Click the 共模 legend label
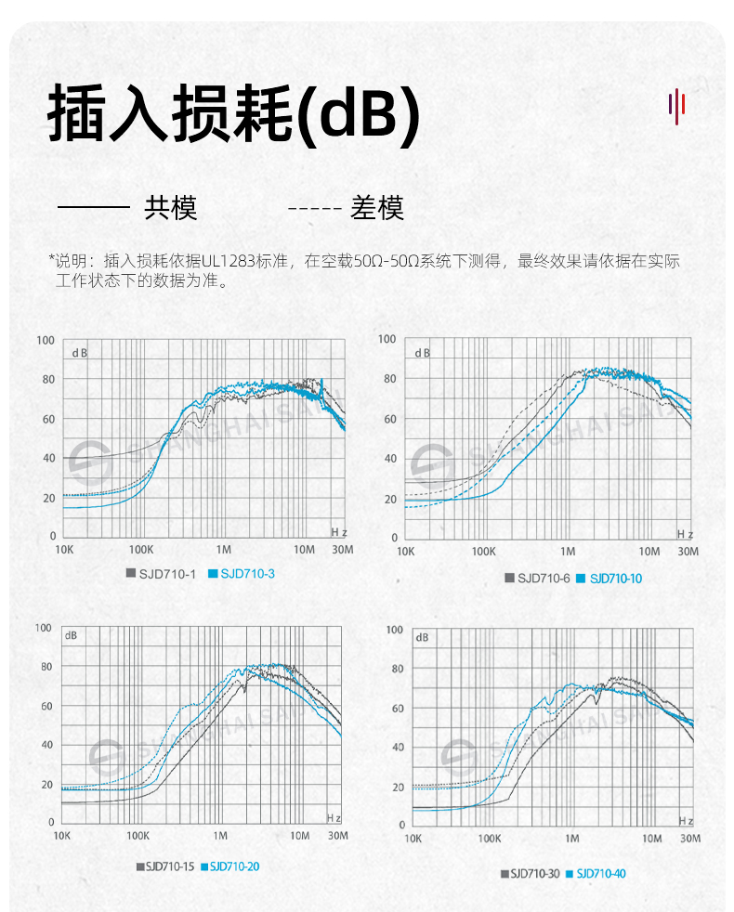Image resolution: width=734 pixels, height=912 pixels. click(171, 208)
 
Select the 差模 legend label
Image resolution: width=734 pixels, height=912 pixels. click(377, 208)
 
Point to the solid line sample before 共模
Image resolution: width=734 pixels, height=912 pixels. click(93, 208)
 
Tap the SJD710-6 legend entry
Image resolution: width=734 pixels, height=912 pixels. click(543, 578)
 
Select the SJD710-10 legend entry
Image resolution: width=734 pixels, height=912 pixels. click(614, 578)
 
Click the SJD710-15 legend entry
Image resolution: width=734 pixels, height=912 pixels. click(167, 866)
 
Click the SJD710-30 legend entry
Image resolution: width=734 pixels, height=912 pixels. click(532, 873)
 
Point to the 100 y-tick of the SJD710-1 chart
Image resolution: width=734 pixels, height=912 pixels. click(46, 340)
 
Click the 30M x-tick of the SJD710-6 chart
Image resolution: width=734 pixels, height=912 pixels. click(688, 552)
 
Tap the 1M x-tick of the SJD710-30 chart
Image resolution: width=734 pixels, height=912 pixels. click(571, 839)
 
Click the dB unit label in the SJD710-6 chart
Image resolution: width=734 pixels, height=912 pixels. click(422, 353)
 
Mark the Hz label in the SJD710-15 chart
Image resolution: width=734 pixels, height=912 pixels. click(334, 816)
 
